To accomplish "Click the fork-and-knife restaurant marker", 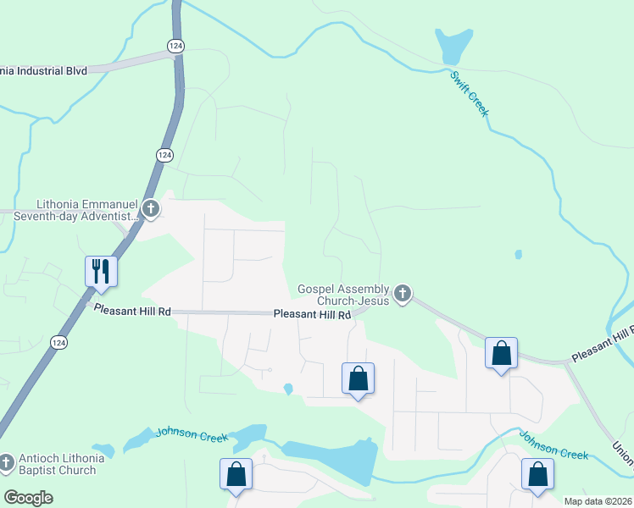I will [x=101, y=271].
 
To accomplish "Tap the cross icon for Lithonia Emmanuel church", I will [x=150, y=207].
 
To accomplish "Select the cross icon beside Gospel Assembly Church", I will [x=403, y=294].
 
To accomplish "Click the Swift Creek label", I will [x=470, y=93].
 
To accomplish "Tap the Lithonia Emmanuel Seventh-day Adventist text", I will [x=81, y=210].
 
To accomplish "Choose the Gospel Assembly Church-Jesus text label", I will [x=343, y=294].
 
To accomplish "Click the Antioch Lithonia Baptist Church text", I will [x=59, y=464].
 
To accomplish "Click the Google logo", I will [x=29, y=497].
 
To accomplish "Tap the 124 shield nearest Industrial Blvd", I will [x=175, y=46].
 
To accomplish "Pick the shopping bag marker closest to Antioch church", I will [x=236, y=475].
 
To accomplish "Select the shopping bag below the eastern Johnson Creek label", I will [x=537, y=475].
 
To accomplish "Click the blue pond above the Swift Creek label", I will [x=453, y=46].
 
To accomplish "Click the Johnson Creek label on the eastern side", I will [x=553, y=446].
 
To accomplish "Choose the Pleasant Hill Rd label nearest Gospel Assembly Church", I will [x=312, y=315].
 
